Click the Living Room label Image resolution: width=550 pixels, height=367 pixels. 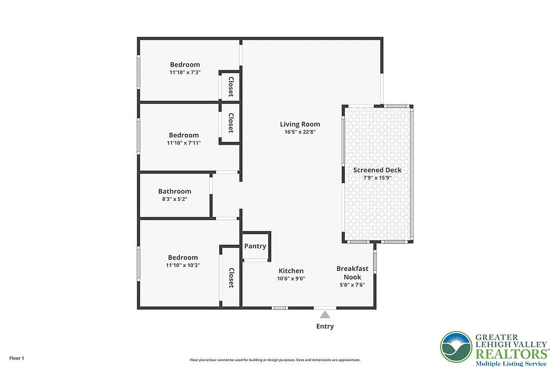300,124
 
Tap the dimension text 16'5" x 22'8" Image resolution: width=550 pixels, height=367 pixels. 300,132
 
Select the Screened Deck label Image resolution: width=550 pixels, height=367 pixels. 377,170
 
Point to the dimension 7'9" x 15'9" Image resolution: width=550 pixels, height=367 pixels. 377,177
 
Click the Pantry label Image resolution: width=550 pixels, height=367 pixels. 255,246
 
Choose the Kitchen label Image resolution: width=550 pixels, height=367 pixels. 291,271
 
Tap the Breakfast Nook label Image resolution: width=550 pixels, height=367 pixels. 352,272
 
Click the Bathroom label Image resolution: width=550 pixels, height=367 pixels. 175,191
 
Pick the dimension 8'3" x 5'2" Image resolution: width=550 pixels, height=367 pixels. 175,199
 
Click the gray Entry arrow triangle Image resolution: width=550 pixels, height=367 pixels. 324,315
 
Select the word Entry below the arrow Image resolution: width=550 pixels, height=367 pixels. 325,326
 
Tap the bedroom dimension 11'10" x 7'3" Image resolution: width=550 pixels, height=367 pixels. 185,72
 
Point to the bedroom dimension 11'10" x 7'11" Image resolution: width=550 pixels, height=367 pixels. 184,143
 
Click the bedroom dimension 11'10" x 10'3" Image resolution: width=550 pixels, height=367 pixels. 183,265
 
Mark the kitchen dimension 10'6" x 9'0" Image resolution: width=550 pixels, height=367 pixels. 291,278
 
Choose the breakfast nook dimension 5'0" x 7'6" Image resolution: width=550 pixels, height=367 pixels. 352,285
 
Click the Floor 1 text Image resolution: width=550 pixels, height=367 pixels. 16,358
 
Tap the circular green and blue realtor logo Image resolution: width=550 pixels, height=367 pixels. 456,347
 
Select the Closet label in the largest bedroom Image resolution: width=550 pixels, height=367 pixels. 231,278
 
